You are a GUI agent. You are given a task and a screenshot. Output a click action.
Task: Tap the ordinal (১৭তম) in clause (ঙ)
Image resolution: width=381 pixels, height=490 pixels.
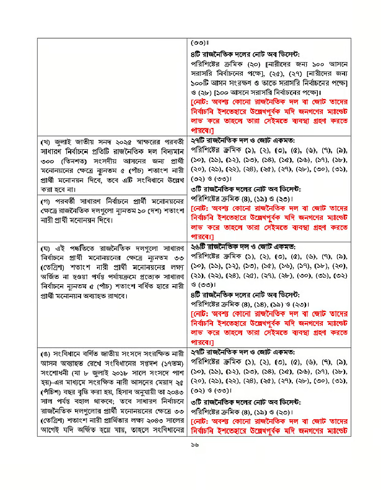173,362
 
